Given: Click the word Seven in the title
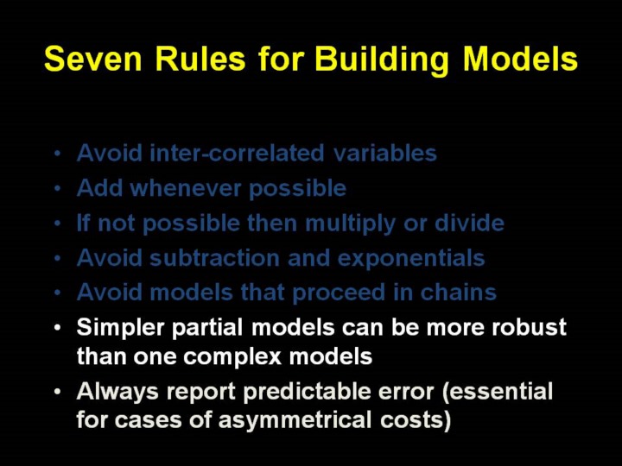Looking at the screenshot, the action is pos(93,59).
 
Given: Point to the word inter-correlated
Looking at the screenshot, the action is pos(238,153).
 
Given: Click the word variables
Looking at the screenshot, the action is pos(384,153).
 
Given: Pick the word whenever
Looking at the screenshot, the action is pos(186,188).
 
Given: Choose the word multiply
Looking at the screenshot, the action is pos(350,224).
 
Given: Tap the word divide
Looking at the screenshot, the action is pos(469,223).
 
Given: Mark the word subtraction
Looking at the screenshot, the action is pos(214,258).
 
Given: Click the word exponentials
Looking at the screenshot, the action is pos(411,259).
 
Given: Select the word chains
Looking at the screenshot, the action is pos(458,292).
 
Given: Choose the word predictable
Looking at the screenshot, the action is pos(307,392).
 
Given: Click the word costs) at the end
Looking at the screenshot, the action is pos(416,420).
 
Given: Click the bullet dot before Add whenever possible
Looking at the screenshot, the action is pos(58,189).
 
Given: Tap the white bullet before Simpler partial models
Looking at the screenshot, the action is pos(58,328).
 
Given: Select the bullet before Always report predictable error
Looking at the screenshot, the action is pos(58,393).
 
